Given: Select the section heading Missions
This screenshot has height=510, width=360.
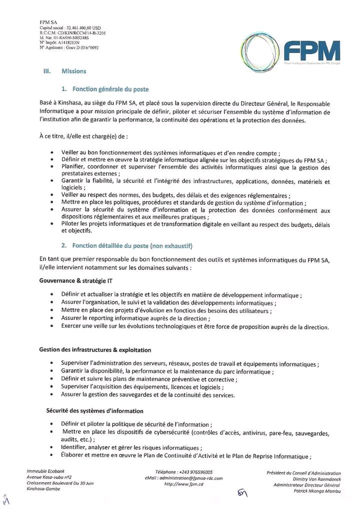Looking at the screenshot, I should click(x=74, y=71).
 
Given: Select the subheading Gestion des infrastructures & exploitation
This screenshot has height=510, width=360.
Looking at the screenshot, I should click(x=95, y=349).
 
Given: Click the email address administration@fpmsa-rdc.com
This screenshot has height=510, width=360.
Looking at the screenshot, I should click(x=190, y=478).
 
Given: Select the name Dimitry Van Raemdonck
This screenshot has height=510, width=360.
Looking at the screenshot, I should click(x=317, y=479).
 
